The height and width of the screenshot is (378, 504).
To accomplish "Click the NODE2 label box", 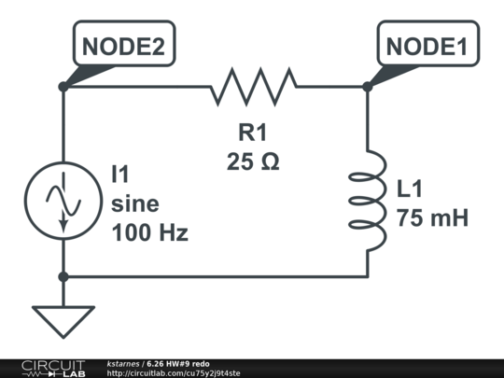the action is click(x=124, y=43).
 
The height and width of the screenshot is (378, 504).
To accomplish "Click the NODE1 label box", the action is click(x=428, y=43).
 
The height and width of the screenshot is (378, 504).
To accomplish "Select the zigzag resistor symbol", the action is click(x=254, y=87).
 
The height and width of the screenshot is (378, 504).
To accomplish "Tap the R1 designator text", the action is click(x=253, y=133).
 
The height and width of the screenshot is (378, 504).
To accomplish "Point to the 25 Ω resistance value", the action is click(x=253, y=161).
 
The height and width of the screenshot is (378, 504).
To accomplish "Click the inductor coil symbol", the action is click(x=369, y=201).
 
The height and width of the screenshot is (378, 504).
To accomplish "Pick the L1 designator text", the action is click(x=409, y=189).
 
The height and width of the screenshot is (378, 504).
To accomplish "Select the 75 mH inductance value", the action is click(x=432, y=217).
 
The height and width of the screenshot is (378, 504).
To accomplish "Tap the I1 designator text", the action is click(x=119, y=174).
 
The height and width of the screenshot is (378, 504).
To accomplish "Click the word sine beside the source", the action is click(x=135, y=203).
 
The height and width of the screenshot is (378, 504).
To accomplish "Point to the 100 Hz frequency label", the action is click(x=149, y=232).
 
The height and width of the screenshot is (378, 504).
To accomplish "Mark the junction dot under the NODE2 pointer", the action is click(x=63, y=87).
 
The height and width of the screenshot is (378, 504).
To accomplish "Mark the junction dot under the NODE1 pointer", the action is click(x=368, y=87).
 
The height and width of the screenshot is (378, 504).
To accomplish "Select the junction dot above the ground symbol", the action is click(x=63, y=276).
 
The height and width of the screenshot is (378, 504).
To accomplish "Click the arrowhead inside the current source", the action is click(x=64, y=226).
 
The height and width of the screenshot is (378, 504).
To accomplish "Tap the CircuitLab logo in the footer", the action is click(x=53, y=369).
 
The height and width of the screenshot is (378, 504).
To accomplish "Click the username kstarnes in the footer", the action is click(x=123, y=364).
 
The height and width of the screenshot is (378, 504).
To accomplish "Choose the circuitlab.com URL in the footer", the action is click(x=174, y=373).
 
